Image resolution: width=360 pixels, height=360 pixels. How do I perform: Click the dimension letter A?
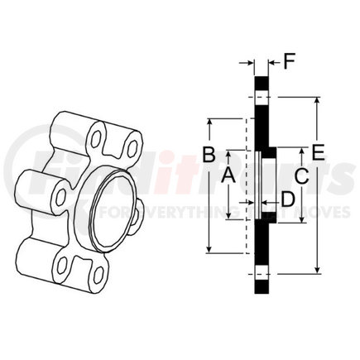coord(229,176)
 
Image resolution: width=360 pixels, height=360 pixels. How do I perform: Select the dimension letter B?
coord(209,154)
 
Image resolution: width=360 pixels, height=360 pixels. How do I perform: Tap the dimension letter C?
coord(302,175)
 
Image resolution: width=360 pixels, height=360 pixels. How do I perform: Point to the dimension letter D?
coord(287,199)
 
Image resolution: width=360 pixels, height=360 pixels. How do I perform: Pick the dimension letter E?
coord(319,152)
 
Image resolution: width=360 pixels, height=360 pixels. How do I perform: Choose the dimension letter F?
coord(287,60)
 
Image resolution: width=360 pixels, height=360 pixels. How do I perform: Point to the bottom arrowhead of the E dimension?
coord(318,269)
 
